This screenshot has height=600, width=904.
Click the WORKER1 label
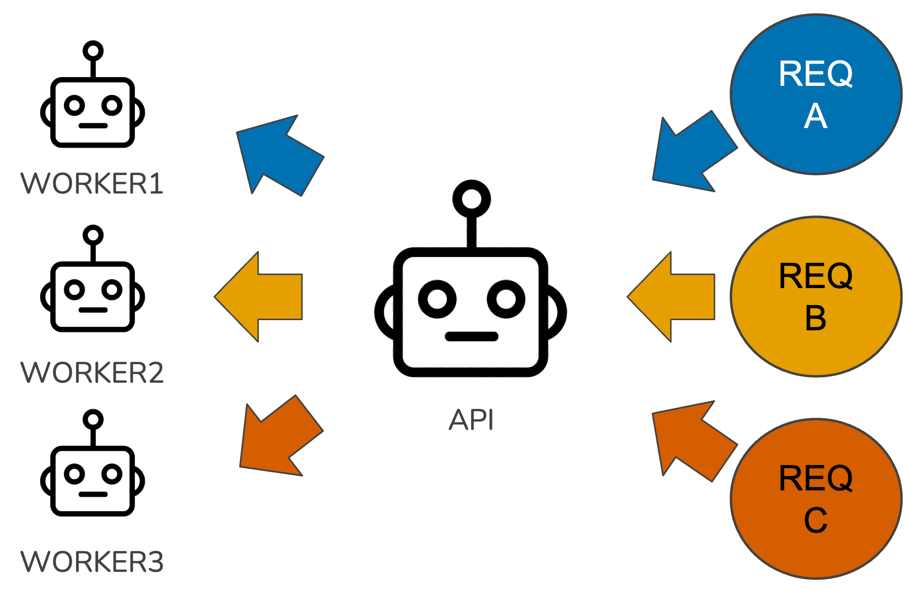pos(92,183)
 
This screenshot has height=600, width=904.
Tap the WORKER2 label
pos(92,373)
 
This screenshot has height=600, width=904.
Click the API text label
pos(471,420)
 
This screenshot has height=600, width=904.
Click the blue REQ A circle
pos(816,94)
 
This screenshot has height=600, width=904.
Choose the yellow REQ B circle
pos(816,296)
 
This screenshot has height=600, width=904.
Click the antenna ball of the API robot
pos(472,199)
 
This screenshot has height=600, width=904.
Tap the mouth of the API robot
pos(472,336)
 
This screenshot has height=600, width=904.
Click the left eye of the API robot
pos(437,299)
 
